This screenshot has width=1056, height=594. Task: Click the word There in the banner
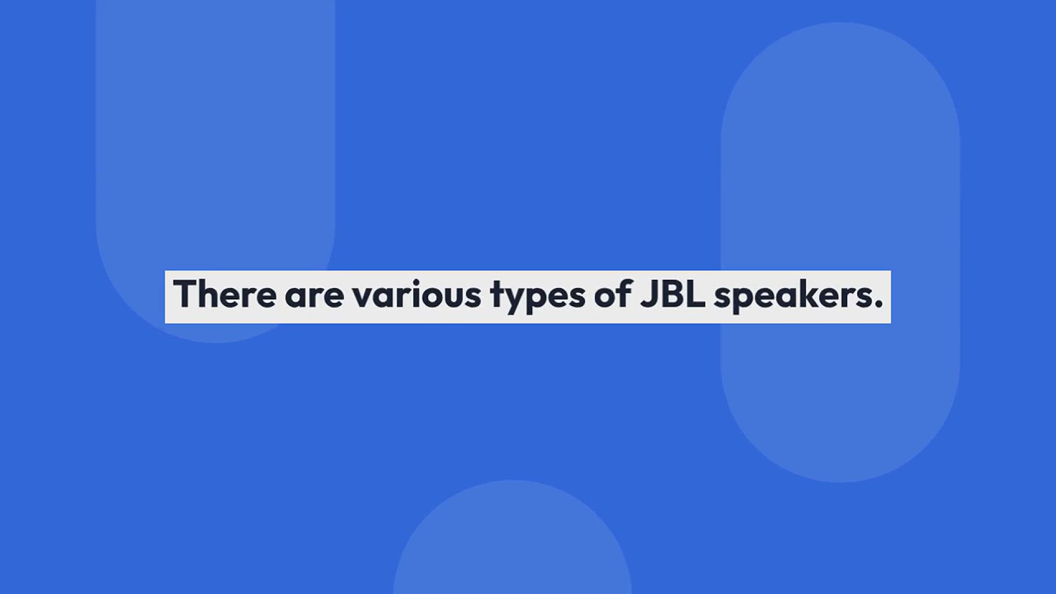pos(224,294)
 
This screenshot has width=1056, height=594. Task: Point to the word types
pos(538,298)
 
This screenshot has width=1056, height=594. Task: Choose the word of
pos(613,294)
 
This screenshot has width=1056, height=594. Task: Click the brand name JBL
pos(673,294)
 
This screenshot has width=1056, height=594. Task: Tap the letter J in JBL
pos(649,294)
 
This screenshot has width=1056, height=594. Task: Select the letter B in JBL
pos(673,294)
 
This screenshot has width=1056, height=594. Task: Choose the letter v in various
pos(364,298)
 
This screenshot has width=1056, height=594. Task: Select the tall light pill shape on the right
pos(840,252)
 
